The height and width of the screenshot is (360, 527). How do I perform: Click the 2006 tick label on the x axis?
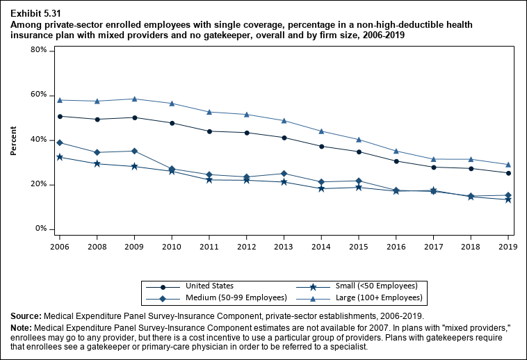point(60,246)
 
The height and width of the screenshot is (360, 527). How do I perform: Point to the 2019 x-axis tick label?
point(508,246)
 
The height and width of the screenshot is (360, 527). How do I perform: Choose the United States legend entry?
point(209,286)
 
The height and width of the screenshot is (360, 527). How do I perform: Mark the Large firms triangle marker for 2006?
point(60,100)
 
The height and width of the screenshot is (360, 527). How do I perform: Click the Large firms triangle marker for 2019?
point(508,165)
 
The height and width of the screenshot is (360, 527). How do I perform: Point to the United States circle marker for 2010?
point(172,123)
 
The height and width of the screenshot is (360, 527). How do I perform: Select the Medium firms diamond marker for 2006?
point(60,142)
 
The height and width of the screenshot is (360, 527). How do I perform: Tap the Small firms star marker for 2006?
point(60,157)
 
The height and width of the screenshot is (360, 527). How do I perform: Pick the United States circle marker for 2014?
point(321,146)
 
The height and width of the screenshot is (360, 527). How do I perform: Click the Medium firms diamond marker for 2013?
point(284,173)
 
